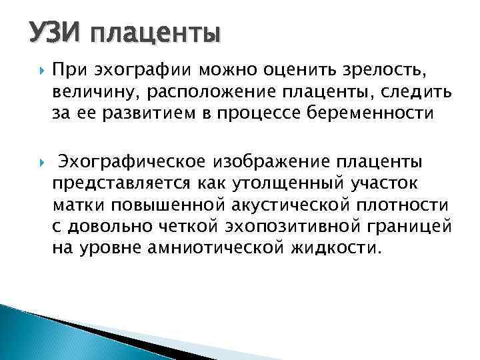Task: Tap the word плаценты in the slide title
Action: [x=153, y=33]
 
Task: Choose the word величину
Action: [x=87, y=91]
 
